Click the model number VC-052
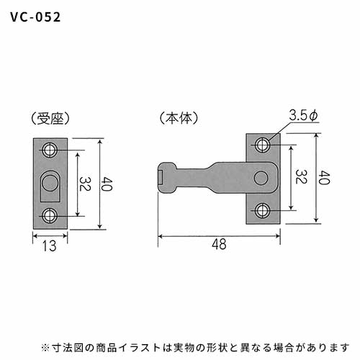point(35,17)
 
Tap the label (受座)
point(50,118)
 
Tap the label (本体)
point(179,118)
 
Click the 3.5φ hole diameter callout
point(303,115)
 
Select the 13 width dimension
point(50,246)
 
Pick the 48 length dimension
point(219,244)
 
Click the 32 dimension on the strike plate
point(84,184)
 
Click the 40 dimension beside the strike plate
point(107,184)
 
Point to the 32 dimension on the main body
point(301,177)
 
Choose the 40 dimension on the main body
point(325,178)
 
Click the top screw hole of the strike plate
point(50,150)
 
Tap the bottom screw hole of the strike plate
point(50,215)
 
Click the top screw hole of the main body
point(262,145)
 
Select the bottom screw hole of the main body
point(262,210)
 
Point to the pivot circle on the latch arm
point(261,178)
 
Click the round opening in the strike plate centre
point(50,183)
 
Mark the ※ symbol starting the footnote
point(45,347)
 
